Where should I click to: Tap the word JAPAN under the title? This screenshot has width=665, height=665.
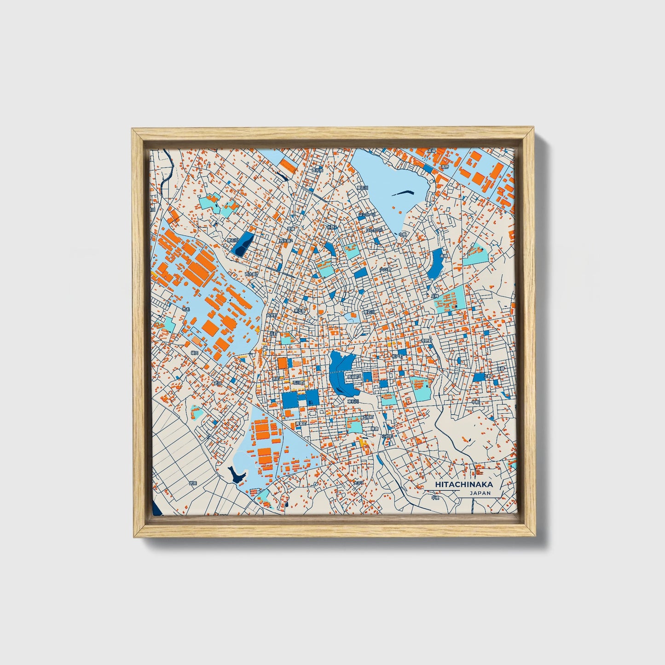[480, 493]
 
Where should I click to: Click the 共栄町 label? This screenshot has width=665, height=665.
[272, 315]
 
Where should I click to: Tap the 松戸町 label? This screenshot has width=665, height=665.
[397, 356]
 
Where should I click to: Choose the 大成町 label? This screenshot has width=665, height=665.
[367, 417]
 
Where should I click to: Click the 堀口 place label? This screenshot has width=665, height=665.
[195, 353]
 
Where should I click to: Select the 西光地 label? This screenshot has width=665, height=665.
[318, 170]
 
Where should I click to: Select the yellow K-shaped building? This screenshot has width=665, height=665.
[363, 443]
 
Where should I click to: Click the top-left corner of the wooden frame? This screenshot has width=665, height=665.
[132, 129]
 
